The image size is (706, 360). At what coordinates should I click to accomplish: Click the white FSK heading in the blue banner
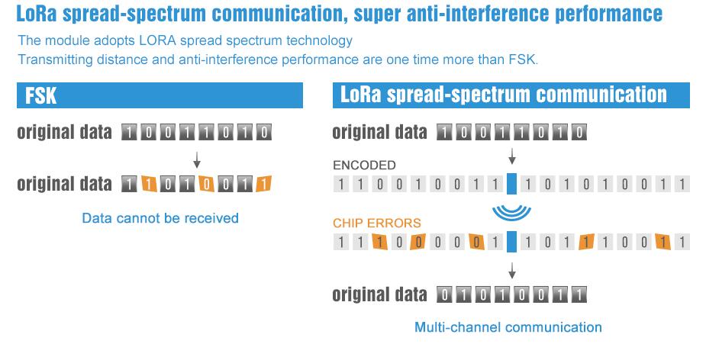pyautogui.click(x=41, y=95)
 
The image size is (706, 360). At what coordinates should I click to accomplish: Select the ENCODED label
pyautogui.click(x=364, y=166)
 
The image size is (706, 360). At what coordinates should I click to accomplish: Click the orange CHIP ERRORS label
pyautogui.click(x=377, y=223)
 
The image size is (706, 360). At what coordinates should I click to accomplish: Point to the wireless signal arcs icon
pyautogui.click(x=511, y=212)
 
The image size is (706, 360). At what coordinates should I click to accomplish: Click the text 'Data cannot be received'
pyautogui.click(x=160, y=218)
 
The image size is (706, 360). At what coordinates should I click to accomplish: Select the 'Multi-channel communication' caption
pyautogui.click(x=508, y=327)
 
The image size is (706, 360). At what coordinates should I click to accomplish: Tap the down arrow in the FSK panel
pyautogui.click(x=196, y=159)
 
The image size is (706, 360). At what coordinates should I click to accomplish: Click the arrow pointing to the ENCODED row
pyautogui.click(x=511, y=156)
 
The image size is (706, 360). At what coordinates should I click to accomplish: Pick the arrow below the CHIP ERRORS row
pyautogui.click(x=511, y=271)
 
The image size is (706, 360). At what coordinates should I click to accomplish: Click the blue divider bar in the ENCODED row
pyautogui.click(x=511, y=184)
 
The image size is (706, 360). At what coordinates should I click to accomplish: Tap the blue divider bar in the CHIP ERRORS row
pyautogui.click(x=511, y=242)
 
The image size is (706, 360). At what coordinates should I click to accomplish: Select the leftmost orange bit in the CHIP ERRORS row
pyautogui.click(x=379, y=242)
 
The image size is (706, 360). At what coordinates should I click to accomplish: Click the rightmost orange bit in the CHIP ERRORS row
pyautogui.click(x=662, y=242)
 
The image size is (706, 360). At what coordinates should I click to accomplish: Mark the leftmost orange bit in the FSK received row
pyautogui.click(x=149, y=184)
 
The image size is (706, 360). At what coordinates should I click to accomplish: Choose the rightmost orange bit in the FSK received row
pyautogui.click(x=264, y=184)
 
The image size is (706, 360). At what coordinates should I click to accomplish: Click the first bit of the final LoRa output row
pyautogui.click(x=444, y=294)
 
